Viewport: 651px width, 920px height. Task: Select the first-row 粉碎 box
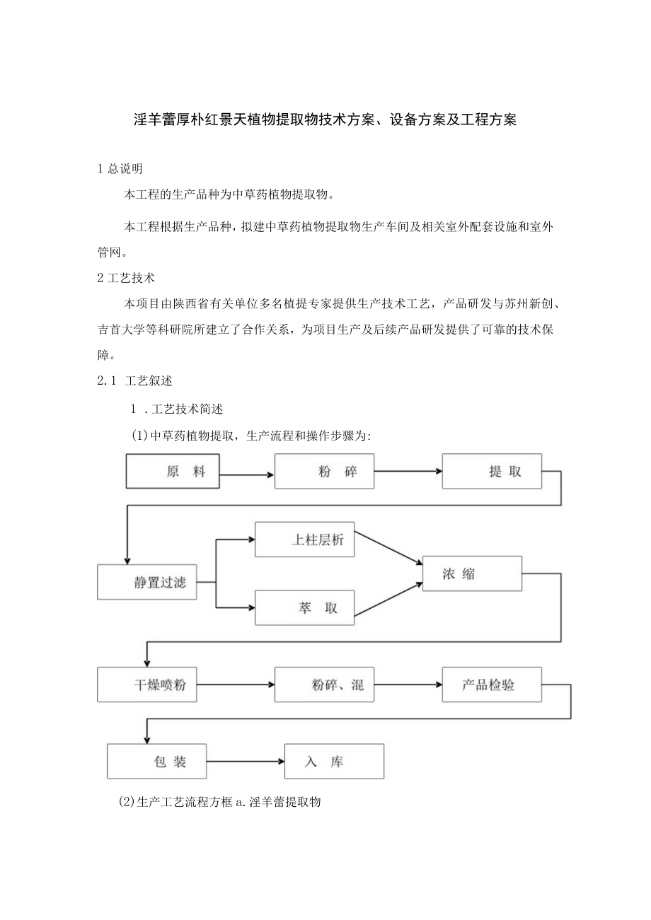coord(324,472)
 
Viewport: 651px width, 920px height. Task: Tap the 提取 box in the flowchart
coord(492,472)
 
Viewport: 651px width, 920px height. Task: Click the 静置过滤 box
coord(147,582)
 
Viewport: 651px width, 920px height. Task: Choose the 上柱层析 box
coord(304,540)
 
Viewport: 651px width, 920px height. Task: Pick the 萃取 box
coord(304,607)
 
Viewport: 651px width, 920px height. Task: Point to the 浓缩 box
coord(472,573)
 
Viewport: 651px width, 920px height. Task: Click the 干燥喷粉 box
coord(147,685)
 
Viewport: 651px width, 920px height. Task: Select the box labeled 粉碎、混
coord(324,685)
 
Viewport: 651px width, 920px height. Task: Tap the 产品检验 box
coord(492,685)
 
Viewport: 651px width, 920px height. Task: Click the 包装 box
coord(157,761)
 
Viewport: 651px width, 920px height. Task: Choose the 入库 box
coord(334,761)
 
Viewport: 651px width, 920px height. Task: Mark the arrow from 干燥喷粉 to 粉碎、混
coord(235,685)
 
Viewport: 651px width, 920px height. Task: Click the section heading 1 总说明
coord(120,168)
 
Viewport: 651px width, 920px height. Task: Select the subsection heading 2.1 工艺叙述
coord(134,380)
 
